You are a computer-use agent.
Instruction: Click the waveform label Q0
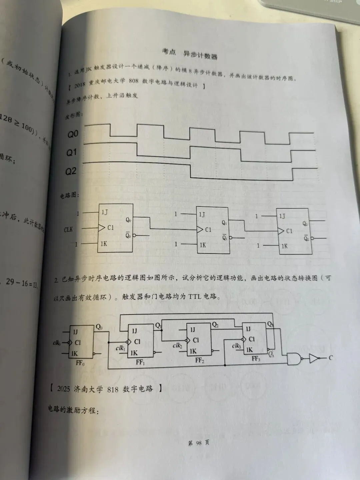[x=73, y=134]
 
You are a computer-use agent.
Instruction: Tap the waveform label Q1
[x=72, y=153]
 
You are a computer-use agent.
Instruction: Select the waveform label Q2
[x=71, y=171]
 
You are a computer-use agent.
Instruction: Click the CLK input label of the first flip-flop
[x=68, y=229]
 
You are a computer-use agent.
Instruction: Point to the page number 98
[x=199, y=443]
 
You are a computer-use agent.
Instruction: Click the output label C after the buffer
[x=331, y=358]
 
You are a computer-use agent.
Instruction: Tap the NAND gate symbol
[x=294, y=359]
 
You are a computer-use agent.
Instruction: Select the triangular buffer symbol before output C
[x=314, y=358]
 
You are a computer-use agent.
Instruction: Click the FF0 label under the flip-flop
[x=80, y=363]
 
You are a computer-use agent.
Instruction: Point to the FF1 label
[x=140, y=362]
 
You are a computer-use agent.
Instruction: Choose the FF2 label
[x=200, y=361]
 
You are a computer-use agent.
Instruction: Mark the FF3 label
[x=256, y=359]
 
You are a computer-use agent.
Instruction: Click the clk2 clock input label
[x=177, y=346]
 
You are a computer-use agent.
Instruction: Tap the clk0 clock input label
[x=57, y=343]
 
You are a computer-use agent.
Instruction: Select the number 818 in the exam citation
[x=113, y=389]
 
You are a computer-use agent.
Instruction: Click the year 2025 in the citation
[x=64, y=389]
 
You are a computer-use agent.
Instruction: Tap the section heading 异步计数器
[x=200, y=54]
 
